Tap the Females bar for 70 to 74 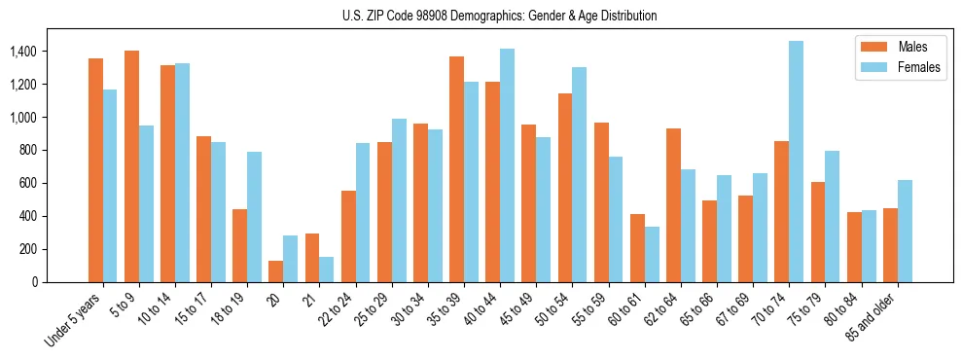797,162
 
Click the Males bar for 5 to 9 131,166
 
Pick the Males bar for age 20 276,271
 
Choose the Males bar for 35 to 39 456,169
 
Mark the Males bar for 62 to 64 673,205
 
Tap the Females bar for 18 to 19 255,217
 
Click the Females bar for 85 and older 905,231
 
